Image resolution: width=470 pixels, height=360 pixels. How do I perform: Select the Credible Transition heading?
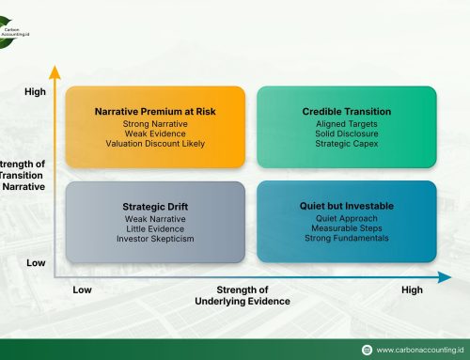[345, 111]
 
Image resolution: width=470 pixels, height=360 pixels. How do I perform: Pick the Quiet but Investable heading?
[345, 205]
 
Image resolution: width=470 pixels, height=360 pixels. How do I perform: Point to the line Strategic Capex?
[345, 145]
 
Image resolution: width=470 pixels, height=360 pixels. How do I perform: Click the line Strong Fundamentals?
[345, 239]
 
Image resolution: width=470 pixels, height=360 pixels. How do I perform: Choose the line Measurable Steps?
[345, 228]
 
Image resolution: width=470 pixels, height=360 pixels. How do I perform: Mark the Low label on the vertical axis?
[35, 263]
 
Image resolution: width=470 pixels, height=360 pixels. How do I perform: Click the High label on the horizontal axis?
[412, 290]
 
